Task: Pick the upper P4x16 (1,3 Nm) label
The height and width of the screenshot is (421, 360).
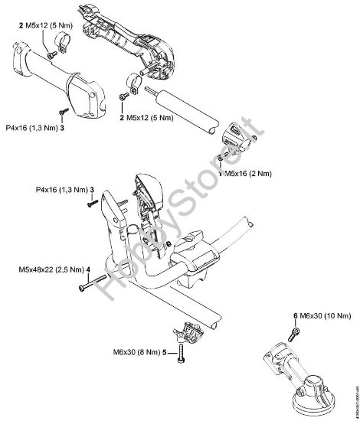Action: point(34,128)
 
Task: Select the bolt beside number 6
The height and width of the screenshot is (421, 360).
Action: point(296,331)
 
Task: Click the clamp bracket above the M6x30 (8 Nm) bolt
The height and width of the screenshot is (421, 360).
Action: point(186,333)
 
